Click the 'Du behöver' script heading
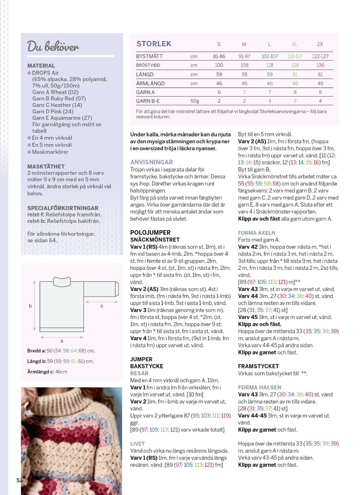53,46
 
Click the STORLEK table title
154,44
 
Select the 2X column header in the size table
320,44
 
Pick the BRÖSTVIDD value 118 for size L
269,65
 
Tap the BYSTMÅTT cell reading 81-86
219,56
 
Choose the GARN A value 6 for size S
219,92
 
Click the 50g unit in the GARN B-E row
195,101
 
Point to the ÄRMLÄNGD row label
150,83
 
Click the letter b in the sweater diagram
30,306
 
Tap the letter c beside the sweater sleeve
102,306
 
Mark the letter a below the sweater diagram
62,341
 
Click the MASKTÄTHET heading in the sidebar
46,166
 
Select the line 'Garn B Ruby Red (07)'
59,98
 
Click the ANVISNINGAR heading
151,162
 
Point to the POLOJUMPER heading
150,232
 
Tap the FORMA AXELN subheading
256,233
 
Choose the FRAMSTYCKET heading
258,366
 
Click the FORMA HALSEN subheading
259,387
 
